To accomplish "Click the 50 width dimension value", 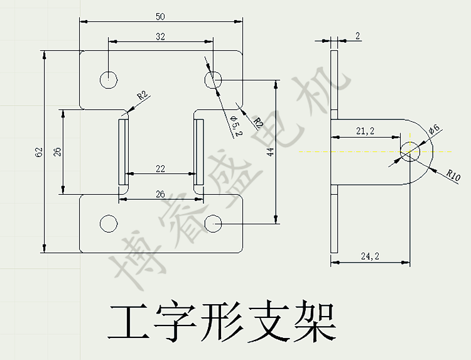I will pos(160,15).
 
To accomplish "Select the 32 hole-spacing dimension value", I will pos(160,36).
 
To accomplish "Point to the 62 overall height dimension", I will pos(38,152).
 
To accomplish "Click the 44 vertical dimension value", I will pos(269,151).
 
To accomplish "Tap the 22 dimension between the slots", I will pos(160,168).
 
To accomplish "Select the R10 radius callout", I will pos(453,173).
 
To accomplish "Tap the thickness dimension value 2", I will pos(357,36).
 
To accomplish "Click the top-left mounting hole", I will pos(109,79).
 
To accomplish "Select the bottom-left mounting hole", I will pos(109,224).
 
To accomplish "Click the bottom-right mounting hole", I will pos(214,223).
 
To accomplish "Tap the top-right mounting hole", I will pos(213,79).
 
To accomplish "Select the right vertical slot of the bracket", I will pos(198,152).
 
